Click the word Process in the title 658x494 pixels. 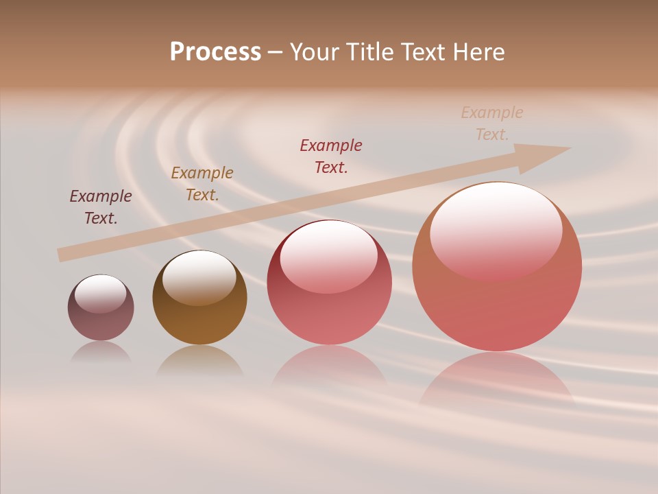(215, 52)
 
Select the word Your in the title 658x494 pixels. (315, 52)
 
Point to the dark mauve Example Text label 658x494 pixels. (101, 207)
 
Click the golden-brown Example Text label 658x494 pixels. (202, 183)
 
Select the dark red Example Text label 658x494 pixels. (331, 156)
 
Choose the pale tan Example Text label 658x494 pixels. (492, 123)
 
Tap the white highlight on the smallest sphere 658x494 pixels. (100, 294)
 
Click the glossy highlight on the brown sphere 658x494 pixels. (199, 277)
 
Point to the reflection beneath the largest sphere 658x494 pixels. (496, 377)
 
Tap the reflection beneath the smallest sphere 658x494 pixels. (101, 352)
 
